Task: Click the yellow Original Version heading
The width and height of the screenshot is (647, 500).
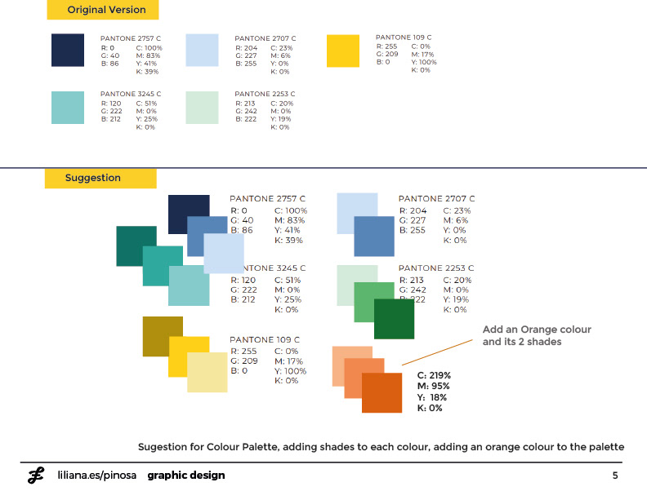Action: [102, 10]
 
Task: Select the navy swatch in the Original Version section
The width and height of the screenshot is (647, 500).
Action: [67, 50]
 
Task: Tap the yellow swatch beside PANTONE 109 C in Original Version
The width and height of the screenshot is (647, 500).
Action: [342, 51]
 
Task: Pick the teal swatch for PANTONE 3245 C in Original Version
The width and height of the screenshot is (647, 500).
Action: [67, 107]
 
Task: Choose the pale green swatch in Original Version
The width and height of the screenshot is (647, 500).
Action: [202, 107]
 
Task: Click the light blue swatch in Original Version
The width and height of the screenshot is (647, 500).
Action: [202, 50]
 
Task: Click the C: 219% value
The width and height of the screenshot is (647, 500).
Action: [434, 376]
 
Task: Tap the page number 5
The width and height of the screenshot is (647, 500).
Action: [615, 476]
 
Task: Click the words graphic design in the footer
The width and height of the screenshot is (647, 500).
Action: [185, 476]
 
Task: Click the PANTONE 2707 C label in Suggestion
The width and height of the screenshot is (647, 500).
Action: [435, 199]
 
